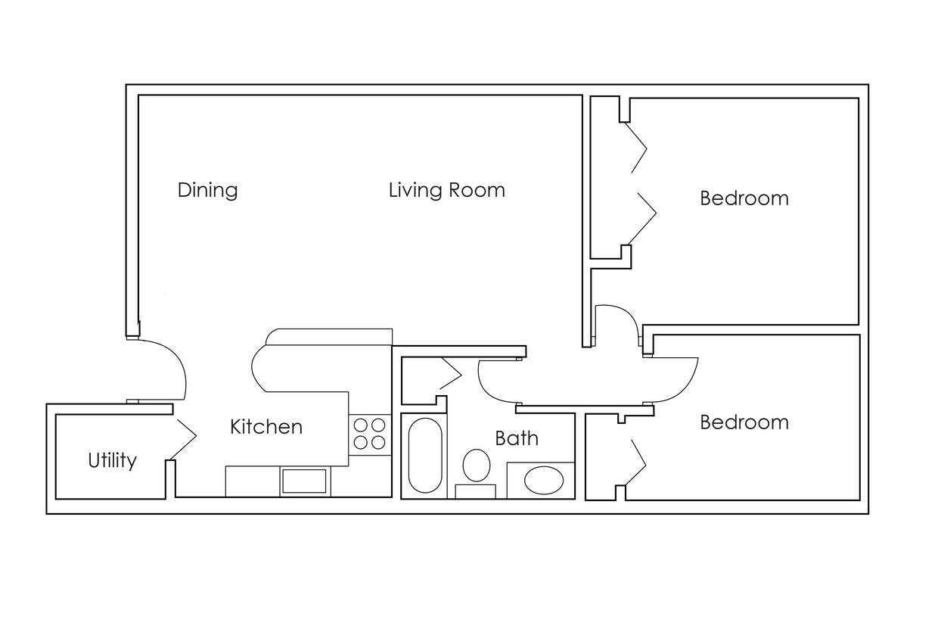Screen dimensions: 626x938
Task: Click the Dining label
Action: coord(207,189)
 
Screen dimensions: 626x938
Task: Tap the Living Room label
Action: coord(446,189)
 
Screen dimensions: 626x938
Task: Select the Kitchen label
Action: coord(266,427)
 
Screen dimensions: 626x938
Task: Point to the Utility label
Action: coord(112,460)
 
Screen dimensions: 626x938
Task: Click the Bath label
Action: coord(517,438)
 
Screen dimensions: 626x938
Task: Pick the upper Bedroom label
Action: coord(744,198)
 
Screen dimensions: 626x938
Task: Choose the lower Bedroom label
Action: coord(744,422)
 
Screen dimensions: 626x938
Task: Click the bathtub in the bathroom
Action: coord(424,456)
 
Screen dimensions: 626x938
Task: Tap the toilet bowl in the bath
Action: coord(476,466)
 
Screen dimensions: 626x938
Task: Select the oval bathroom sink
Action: coord(544,481)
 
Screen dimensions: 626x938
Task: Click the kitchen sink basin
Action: coord(304,481)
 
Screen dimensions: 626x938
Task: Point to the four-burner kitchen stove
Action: coord(369,434)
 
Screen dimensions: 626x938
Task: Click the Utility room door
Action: coord(183,437)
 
